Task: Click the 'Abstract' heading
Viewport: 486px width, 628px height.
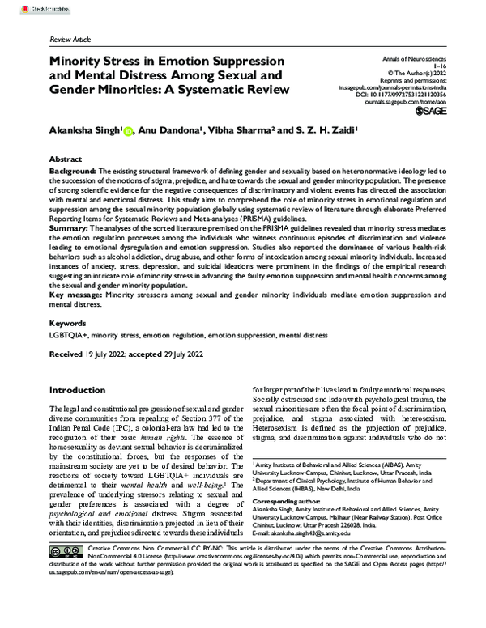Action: pos(66,160)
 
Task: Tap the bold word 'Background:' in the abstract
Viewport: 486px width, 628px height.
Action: pos(72,172)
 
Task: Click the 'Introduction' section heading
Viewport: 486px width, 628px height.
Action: pos(83,389)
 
